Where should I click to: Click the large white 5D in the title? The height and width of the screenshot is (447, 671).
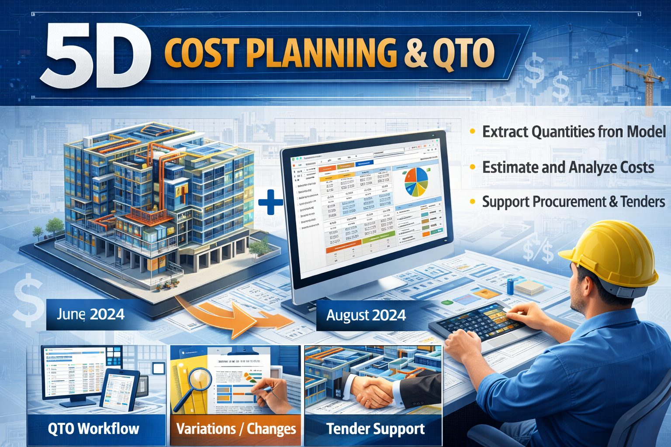95,57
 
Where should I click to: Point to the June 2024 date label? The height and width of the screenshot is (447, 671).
90,314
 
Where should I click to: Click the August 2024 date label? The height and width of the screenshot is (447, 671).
366,315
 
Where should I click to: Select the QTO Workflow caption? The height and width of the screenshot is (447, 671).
93,429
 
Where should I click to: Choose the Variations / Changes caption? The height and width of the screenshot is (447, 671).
236,429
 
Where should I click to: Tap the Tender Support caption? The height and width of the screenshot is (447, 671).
375,429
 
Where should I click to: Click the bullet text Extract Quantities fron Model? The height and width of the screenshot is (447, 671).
573,132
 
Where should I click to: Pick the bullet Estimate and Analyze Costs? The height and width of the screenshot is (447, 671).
568,168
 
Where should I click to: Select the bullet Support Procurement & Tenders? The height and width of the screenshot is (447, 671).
573,202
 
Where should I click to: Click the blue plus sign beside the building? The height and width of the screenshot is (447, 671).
271,202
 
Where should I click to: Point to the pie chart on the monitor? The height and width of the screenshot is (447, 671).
416,182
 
